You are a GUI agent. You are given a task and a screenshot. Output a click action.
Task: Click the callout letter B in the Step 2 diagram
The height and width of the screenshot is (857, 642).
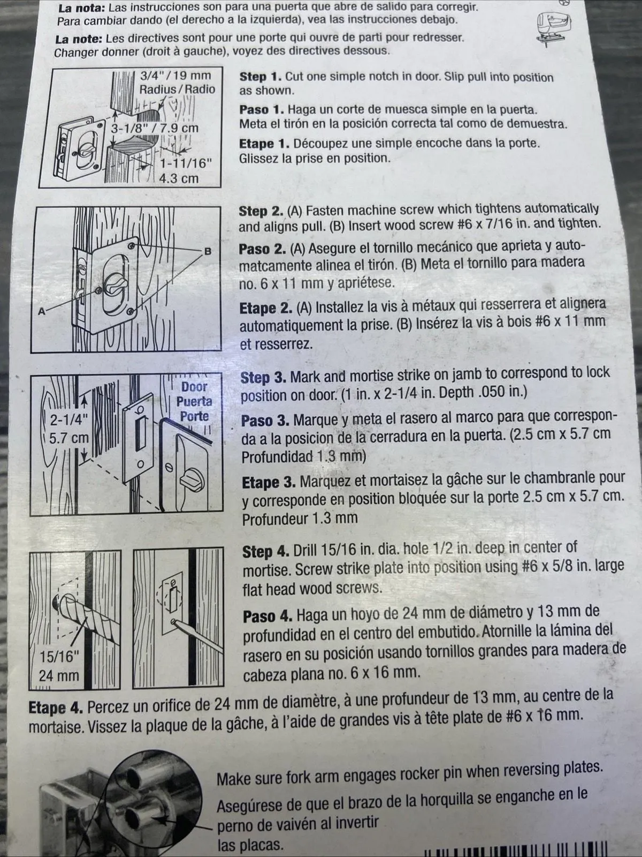(x=208, y=252)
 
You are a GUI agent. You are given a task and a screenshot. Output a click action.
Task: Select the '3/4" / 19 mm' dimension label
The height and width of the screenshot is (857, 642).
(x=175, y=76)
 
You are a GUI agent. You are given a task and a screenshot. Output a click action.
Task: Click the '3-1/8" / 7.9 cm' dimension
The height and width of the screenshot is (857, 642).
(x=155, y=127)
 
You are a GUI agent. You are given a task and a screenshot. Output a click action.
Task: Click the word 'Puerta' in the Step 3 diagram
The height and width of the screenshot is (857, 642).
(x=194, y=401)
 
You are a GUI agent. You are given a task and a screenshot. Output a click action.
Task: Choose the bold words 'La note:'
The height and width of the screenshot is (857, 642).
(x=79, y=39)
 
